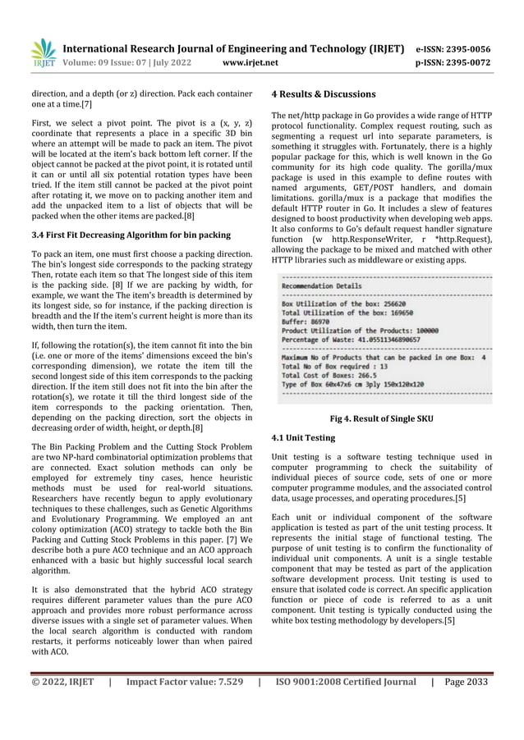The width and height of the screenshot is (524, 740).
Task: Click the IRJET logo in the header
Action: point(42,54)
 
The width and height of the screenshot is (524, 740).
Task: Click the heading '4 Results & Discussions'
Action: point(324,94)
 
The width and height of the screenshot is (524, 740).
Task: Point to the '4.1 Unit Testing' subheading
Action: point(303,437)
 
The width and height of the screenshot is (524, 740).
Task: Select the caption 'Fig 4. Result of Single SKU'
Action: point(381,419)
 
